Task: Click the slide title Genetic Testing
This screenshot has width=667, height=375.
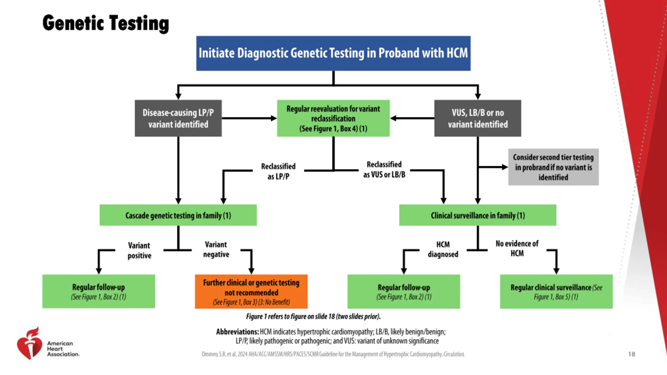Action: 106,23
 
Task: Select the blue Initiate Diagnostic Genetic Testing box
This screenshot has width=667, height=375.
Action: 333,53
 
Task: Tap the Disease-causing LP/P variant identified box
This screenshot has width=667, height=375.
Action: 178,118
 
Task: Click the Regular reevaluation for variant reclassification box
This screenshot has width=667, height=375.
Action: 333,118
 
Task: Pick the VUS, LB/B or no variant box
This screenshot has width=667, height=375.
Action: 478,118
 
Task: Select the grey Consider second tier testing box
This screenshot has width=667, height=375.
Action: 553,167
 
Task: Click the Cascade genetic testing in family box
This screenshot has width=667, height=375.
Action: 178,215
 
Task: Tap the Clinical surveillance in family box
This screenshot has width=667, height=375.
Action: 478,215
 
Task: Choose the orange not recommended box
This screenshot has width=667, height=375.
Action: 251,291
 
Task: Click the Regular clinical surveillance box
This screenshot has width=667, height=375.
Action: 556,291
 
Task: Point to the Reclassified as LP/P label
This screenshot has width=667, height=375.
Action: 278,171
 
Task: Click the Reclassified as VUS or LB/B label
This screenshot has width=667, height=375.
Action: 384,170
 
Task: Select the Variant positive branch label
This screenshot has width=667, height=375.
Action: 139,251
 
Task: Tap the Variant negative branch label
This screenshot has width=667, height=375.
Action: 216,249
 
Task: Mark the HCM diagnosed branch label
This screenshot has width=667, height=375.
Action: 443,249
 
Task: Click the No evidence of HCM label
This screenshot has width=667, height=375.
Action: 517,248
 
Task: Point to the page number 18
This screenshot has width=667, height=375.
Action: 632,354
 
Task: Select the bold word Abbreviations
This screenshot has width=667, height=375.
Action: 237,332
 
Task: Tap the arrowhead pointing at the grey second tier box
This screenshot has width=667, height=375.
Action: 505,167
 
